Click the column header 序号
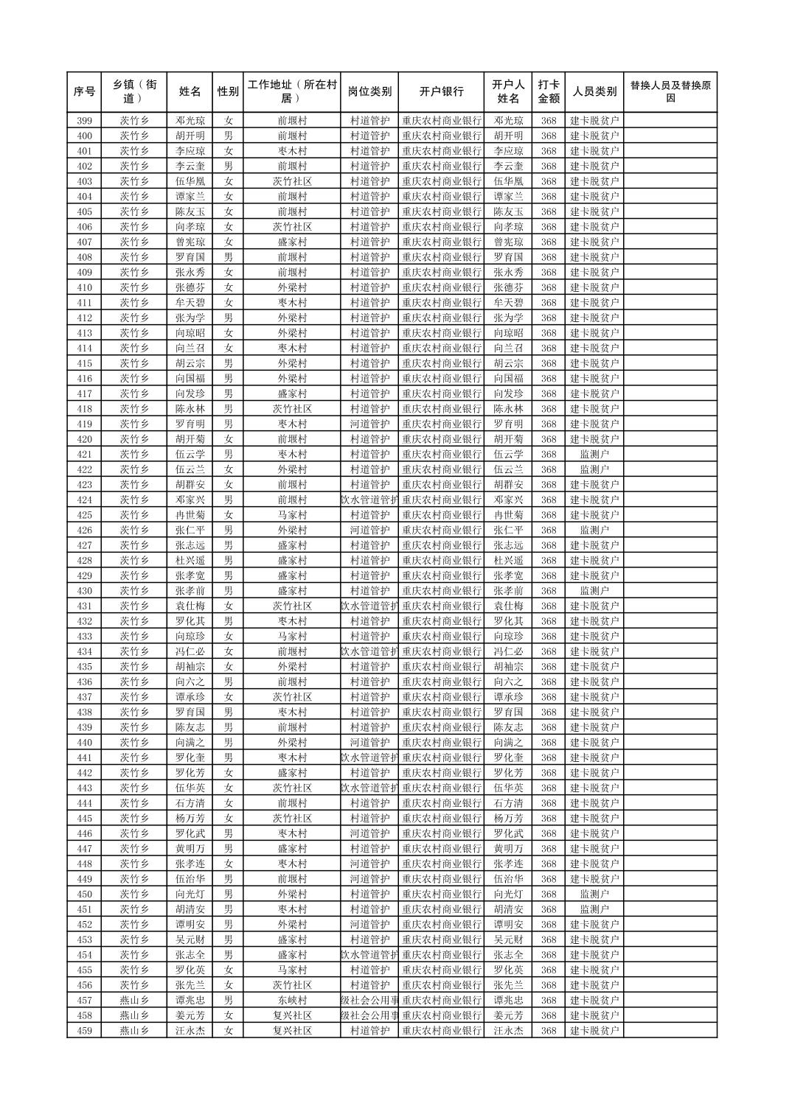(x=84, y=92)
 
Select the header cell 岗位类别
(x=369, y=92)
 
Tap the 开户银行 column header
(x=441, y=92)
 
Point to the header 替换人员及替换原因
(x=670, y=92)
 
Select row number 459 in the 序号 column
(x=84, y=1031)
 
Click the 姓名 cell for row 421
(x=190, y=455)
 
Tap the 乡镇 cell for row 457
(x=134, y=1001)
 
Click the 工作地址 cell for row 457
(x=292, y=1001)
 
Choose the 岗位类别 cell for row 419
(x=369, y=424)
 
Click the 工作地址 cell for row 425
(x=292, y=515)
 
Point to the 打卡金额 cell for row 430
(x=549, y=591)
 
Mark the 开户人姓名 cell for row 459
(x=508, y=1031)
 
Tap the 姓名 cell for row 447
(x=190, y=849)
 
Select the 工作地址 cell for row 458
(x=292, y=1015)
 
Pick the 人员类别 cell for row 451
(x=594, y=909)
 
